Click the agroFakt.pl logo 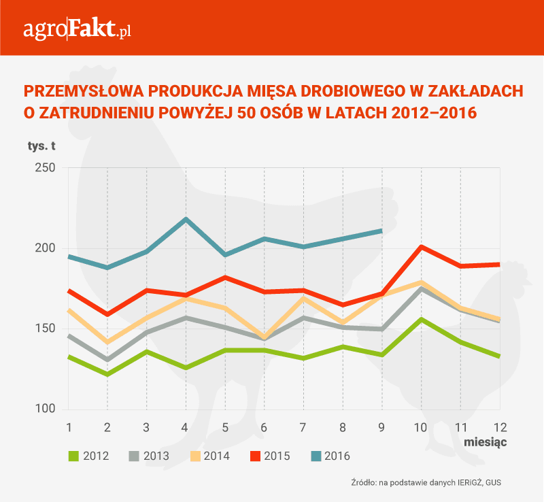[77, 30]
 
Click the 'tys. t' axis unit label [41, 146]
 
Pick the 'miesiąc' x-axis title [486, 441]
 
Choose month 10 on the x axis [421, 427]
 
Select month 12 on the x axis [499, 427]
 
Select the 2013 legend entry [146, 456]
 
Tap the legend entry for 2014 [206, 456]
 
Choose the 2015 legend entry [266, 456]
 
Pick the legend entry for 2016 [325, 456]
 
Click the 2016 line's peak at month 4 [186, 219]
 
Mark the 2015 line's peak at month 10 [421, 246]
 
